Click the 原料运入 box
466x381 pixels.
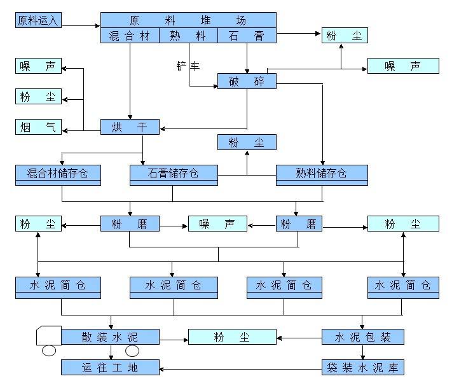point(38,20)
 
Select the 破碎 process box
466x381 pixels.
point(247,81)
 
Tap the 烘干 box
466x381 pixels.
point(130,127)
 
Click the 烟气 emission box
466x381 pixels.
point(38,127)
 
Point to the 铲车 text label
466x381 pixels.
point(188,66)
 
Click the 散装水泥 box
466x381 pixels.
point(110,336)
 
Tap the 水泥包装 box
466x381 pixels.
point(362,337)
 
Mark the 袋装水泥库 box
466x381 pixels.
point(362,367)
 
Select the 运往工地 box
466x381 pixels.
point(110,367)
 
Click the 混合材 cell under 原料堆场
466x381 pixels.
point(130,36)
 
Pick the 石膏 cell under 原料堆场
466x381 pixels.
point(247,36)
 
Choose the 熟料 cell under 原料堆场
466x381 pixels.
point(188,36)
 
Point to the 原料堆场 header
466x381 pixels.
point(188,20)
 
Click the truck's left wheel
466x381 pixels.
point(49,350)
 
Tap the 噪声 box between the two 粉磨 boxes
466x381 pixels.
point(217,224)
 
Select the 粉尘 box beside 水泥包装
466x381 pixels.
point(232,337)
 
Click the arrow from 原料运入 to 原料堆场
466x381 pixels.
point(80,26)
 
